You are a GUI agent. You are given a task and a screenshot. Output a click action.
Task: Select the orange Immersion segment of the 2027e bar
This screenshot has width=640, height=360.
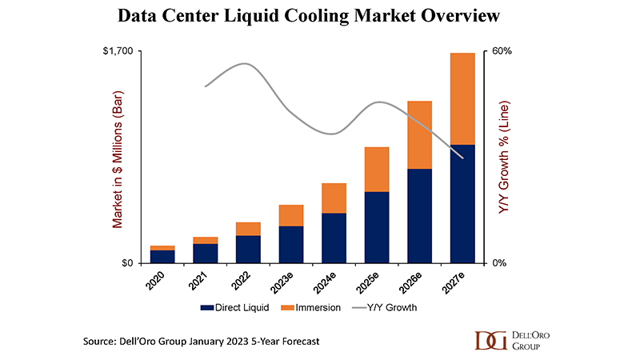coord(463,98)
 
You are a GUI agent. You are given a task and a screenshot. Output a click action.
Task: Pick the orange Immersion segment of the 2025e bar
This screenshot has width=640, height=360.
coord(377,170)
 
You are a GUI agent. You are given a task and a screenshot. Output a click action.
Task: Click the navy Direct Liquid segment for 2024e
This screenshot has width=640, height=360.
coord(334,238)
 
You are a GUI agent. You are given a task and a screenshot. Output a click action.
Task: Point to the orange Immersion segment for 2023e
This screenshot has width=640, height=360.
coord(291,215)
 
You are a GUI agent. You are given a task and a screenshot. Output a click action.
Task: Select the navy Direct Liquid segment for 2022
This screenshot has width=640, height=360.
coord(248,249)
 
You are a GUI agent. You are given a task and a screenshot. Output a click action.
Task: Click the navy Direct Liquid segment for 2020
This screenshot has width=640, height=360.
coord(162,256)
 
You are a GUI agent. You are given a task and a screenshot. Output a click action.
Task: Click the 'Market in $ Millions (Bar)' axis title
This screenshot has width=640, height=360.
coord(117,158)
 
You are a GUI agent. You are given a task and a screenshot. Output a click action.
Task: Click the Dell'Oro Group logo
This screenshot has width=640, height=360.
coord(509,340)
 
